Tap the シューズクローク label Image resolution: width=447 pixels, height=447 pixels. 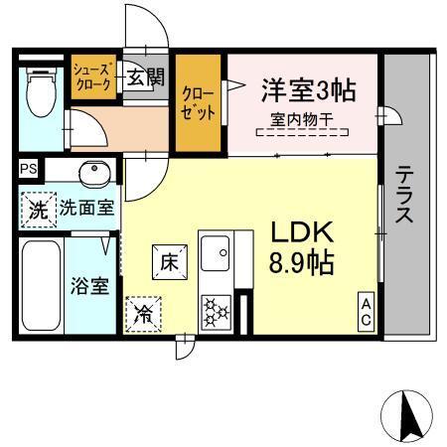coord(93,76)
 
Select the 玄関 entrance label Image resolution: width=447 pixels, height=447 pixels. coord(139,77)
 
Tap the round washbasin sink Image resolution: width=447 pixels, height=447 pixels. coord(93,172)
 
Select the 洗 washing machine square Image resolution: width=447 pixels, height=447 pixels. coord(37,210)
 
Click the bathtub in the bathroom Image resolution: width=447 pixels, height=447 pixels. coord(41,288)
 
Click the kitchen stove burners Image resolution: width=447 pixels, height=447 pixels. coord(215,312)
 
